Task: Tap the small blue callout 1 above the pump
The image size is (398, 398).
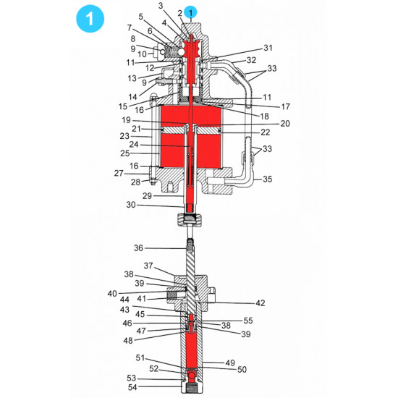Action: pos(191,12)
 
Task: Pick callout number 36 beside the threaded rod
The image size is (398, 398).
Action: pos(138,248)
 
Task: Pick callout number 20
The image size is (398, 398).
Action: pos(284,124)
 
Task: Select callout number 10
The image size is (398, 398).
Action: pos(142,54)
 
